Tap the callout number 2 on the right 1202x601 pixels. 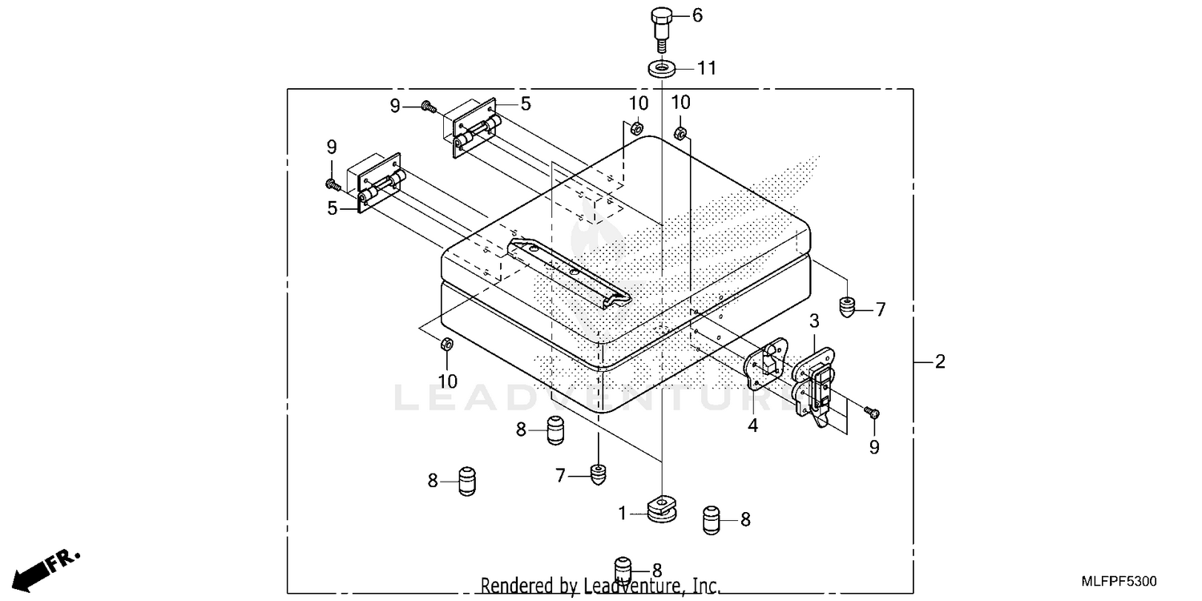tap(940, 362)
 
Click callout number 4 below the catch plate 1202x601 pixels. tap(752, 426)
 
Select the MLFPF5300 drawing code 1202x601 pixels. tap(1122, 580)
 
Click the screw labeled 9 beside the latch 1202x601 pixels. tap(873, 413)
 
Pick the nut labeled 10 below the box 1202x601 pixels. tap(446, 345)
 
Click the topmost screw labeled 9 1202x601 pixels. tap(428, 106)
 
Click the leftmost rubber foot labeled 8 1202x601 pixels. tap(468, 481)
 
